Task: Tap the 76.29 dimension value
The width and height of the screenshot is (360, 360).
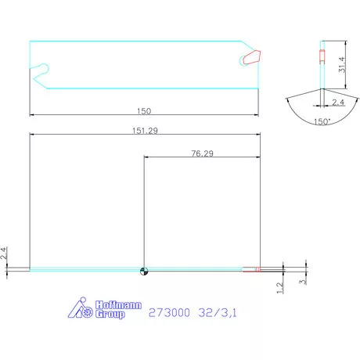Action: click(x=201, y=153)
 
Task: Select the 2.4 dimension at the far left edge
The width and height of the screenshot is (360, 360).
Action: click(x=5, y=254)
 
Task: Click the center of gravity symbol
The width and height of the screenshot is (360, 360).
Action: click(x=143, y=271)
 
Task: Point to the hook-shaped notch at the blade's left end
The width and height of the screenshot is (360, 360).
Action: click(x=42, y=70)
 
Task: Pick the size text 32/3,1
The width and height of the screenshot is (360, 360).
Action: click(x=216, y=312)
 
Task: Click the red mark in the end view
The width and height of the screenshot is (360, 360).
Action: click(x=321, y=54)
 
